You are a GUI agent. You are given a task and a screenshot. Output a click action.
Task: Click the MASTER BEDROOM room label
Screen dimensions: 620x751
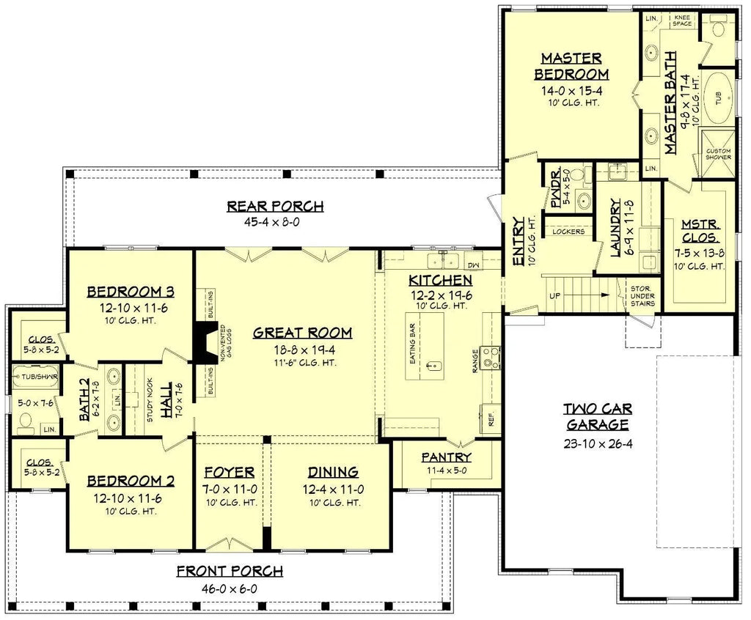(x=571, y=66)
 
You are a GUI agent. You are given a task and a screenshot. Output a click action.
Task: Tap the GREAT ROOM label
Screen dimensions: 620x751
(x=302, y=333)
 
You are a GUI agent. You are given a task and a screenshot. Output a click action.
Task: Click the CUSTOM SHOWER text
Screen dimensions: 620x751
(x=718, y=155)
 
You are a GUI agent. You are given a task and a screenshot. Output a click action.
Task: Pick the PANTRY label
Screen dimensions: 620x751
(x=446, y=457)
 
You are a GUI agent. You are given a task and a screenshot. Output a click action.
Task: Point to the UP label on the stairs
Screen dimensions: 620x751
(x=554, y=297)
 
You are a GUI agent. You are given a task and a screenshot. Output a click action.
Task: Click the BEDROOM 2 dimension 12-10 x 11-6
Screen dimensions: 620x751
(x=130, y=498)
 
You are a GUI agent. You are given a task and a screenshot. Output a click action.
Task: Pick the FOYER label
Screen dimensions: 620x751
(x=230, y=472)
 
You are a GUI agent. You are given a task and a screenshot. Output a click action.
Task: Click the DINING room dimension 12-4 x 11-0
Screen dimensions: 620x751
(x=333, y=488)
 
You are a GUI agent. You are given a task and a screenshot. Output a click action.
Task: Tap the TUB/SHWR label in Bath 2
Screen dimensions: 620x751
(x=30, y=376)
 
